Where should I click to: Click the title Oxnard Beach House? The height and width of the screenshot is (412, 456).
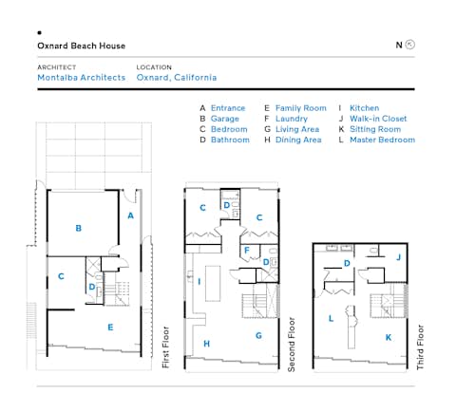pyautogui.click(x=81, y=46)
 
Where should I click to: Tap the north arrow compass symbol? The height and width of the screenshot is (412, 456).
pyautogui.click(x=410, y=45)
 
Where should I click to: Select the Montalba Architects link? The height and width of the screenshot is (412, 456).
pyautogui.click(x=81, y=78)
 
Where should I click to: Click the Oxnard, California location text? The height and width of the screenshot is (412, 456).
pyautogui.click(x=176, y=78)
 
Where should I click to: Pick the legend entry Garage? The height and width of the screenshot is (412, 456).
pyautogui.click(x=224, y=119)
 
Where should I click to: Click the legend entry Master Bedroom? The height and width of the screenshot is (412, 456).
pyautogui.click(x=382, y=140)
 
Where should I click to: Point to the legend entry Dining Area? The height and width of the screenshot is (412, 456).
pyautogui.click(x=298, y=140)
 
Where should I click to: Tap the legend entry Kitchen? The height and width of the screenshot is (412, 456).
pyautogui.click(x=364, y=108)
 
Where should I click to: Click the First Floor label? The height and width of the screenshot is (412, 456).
pyautogui.click(x=165, y=349)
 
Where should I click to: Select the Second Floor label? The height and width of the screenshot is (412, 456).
pyautogui.click(x=292, y=347)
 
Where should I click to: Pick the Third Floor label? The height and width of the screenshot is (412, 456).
pyautogui.click(x=420, y=348)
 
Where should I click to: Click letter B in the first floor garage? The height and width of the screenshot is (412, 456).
pyautogui.click(x=79, y=228)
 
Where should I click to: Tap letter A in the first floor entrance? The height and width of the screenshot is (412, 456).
pyautogui.click(x=130, y=215)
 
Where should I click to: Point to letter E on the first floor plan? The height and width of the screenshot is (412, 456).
pyautogui.click(x=110, y=328)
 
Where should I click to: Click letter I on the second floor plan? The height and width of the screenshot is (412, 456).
pyautogui.click(x=199, y=281)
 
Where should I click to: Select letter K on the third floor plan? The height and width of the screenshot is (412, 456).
pyautogui.click(x=388, y=337)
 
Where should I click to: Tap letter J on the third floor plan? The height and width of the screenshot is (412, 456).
pyautogui.click(x=398, y=256)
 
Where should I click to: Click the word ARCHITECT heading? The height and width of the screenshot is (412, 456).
pyautogui.click(x=56, y=67)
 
